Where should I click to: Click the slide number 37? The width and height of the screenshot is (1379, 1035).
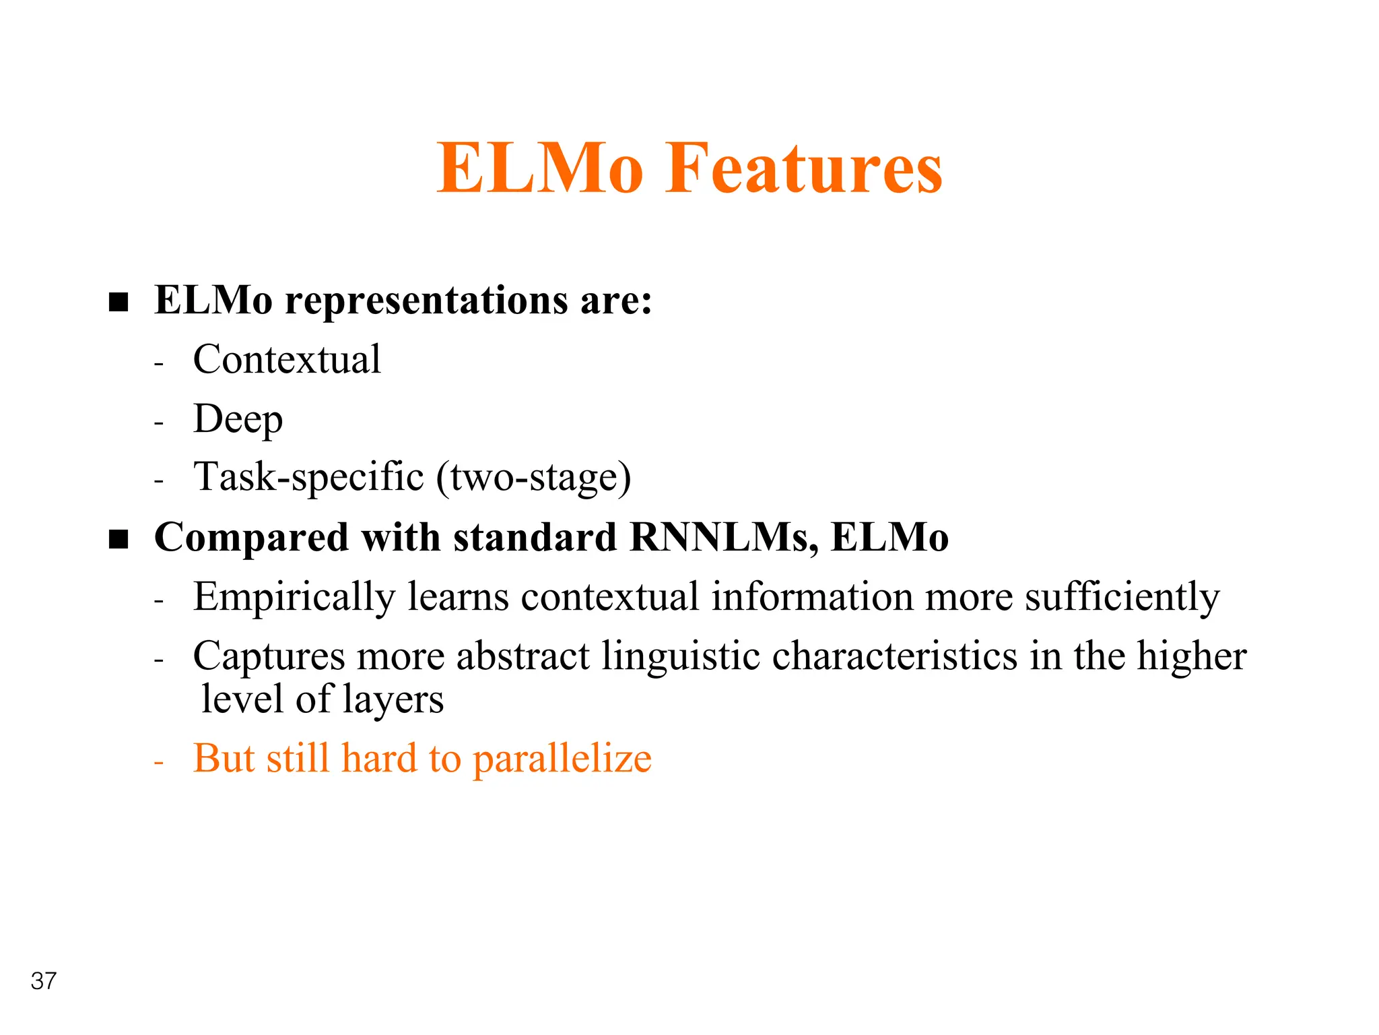(44, 981)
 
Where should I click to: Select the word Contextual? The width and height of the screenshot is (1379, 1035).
(287, 359)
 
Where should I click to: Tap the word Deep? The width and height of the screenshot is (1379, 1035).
(238, 419)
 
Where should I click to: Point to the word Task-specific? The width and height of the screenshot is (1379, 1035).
(309, 478)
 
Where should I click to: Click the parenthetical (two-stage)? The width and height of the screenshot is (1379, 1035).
(534, 478)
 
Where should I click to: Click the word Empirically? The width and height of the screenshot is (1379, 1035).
(294, 598)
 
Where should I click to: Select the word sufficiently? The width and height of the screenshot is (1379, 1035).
(1122, 598)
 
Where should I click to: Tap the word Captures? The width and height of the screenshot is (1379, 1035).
(269, 656)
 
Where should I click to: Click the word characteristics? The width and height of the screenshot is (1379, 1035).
(895, 656)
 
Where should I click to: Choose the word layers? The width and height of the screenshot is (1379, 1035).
(393, 699)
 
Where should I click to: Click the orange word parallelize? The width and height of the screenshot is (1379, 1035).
(562, 759)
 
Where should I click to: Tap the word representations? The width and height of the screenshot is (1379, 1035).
(427, 301)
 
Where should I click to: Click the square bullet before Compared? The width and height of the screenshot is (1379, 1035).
(119, 539)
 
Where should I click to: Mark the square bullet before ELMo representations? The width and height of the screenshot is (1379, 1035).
(119, 302)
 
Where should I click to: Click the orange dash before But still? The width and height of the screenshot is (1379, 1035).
(159, 763)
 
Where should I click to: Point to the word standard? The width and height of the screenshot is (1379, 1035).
(535, 537)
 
